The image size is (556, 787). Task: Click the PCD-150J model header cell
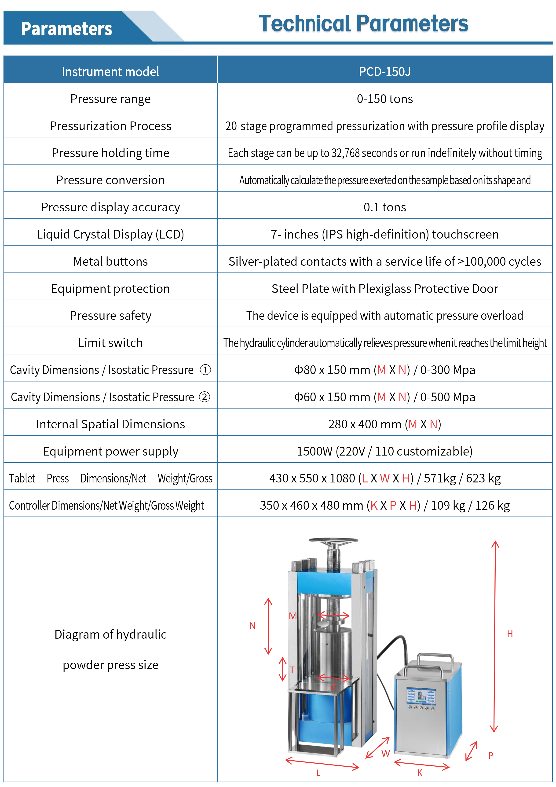click(384, 72)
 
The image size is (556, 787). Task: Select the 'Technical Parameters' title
click(363, 24)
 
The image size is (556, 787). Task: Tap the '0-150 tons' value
click(384, 99)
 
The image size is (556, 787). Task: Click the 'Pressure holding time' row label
click(110, 153)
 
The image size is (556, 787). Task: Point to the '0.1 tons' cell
click(384, 207)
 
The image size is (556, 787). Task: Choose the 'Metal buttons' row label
click(110, 261)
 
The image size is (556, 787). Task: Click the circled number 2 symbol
click(205, 397)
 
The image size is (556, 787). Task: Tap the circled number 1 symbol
click(205, 370)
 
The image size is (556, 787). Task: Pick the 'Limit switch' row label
click(110, 343)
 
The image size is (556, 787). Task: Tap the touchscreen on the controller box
click(421, 696)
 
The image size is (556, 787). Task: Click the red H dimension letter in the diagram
click(510, 634)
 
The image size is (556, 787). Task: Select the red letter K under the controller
click(420, 772)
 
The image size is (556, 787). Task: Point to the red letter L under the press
click(318, 773)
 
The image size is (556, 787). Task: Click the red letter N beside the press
click(252, 626)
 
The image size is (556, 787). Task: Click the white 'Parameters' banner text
click(66, 29)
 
